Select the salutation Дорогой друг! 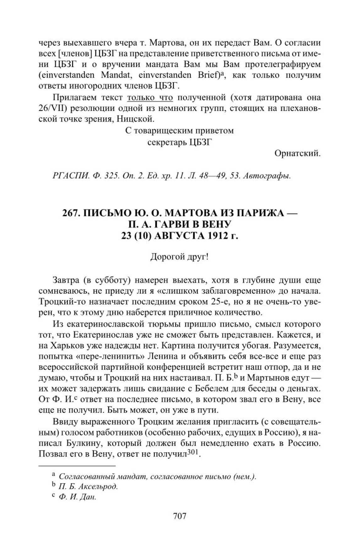(x=180, y=257)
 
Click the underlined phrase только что (x=150, y=98)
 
